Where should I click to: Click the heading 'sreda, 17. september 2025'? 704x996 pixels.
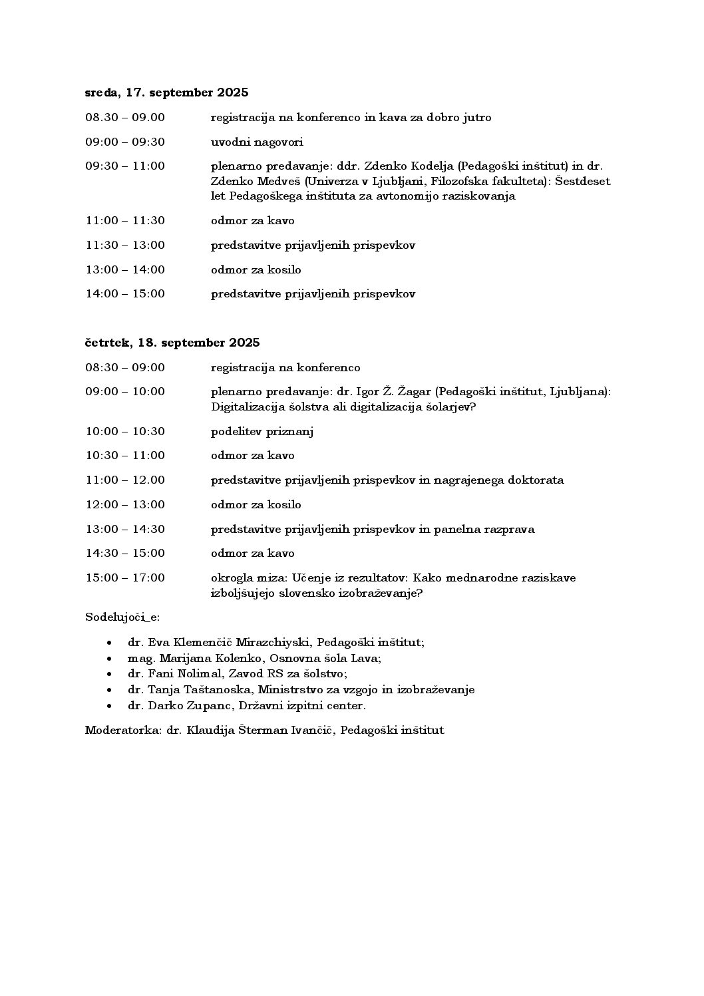point(166,92)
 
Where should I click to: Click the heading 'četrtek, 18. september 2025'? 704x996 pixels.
point(172,343)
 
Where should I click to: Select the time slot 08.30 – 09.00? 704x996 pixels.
point(125,118)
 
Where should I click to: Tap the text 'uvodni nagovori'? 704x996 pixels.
point(257,142)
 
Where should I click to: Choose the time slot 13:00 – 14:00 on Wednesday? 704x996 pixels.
point(125,269)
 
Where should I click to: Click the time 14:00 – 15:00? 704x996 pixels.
point(125,294)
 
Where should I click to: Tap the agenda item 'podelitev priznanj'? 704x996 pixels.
point(262,432)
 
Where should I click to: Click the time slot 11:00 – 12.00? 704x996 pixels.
point(125,480)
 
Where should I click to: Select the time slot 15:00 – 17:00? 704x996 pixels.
point(125,578)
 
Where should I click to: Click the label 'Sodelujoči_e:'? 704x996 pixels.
point(122,617)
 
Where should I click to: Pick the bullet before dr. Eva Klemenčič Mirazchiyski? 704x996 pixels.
point(109,643)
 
